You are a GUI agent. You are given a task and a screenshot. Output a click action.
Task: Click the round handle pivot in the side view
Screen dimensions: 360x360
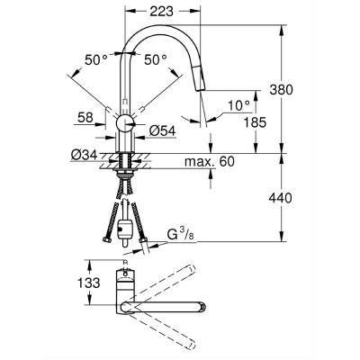[125, 122]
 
